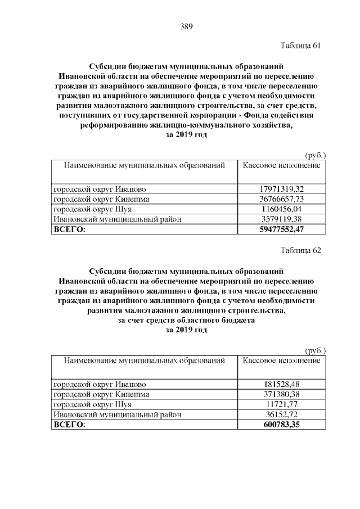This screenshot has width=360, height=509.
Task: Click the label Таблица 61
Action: (x=300, y=46)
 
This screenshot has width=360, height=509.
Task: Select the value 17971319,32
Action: (x=282, y=189)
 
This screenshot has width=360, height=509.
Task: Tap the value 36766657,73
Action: (x=282, y=199)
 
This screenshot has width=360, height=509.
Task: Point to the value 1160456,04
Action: (x=282, y=209)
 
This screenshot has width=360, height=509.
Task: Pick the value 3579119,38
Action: (x=282, y=219)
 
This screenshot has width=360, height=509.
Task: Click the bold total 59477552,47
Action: (x=282, y=229)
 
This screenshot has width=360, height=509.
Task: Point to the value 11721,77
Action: (x=282, y=404)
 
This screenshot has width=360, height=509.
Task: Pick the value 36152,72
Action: (x=282, y=414)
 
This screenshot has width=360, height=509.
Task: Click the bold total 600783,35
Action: (x=282, y=424)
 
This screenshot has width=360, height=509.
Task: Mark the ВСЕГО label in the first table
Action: (x=68, y=229)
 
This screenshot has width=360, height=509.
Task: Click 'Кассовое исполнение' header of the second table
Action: (x=282, y=360)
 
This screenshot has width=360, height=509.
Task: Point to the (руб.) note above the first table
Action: (x=315, y=155)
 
